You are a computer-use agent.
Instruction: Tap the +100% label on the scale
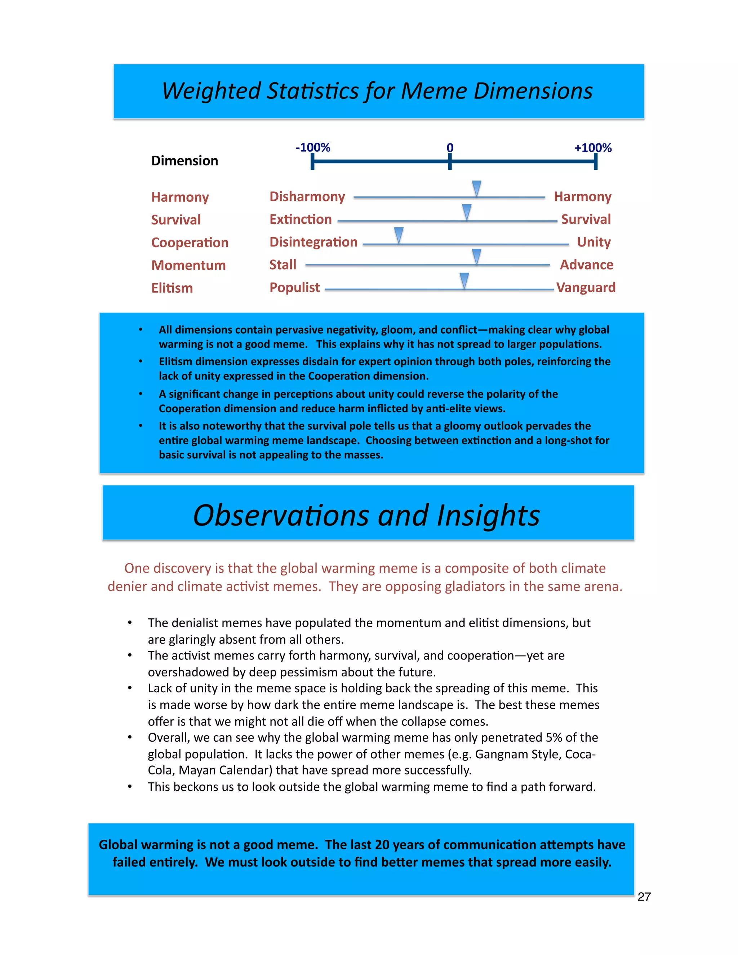592,148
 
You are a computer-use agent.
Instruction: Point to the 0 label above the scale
450,148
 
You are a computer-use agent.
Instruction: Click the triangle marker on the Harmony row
476,188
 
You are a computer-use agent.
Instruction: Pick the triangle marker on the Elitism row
464,280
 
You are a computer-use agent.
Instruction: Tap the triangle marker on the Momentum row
476,256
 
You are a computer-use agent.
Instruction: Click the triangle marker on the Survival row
467,212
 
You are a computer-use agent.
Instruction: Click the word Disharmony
307,197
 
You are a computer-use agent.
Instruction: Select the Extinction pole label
301,219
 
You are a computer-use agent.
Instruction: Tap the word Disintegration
313,242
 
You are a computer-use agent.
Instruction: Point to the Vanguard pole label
586,288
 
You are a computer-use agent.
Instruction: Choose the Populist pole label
294,288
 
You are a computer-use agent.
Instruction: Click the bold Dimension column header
184,161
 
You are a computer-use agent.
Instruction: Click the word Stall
283,265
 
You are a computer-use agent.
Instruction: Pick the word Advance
586,265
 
